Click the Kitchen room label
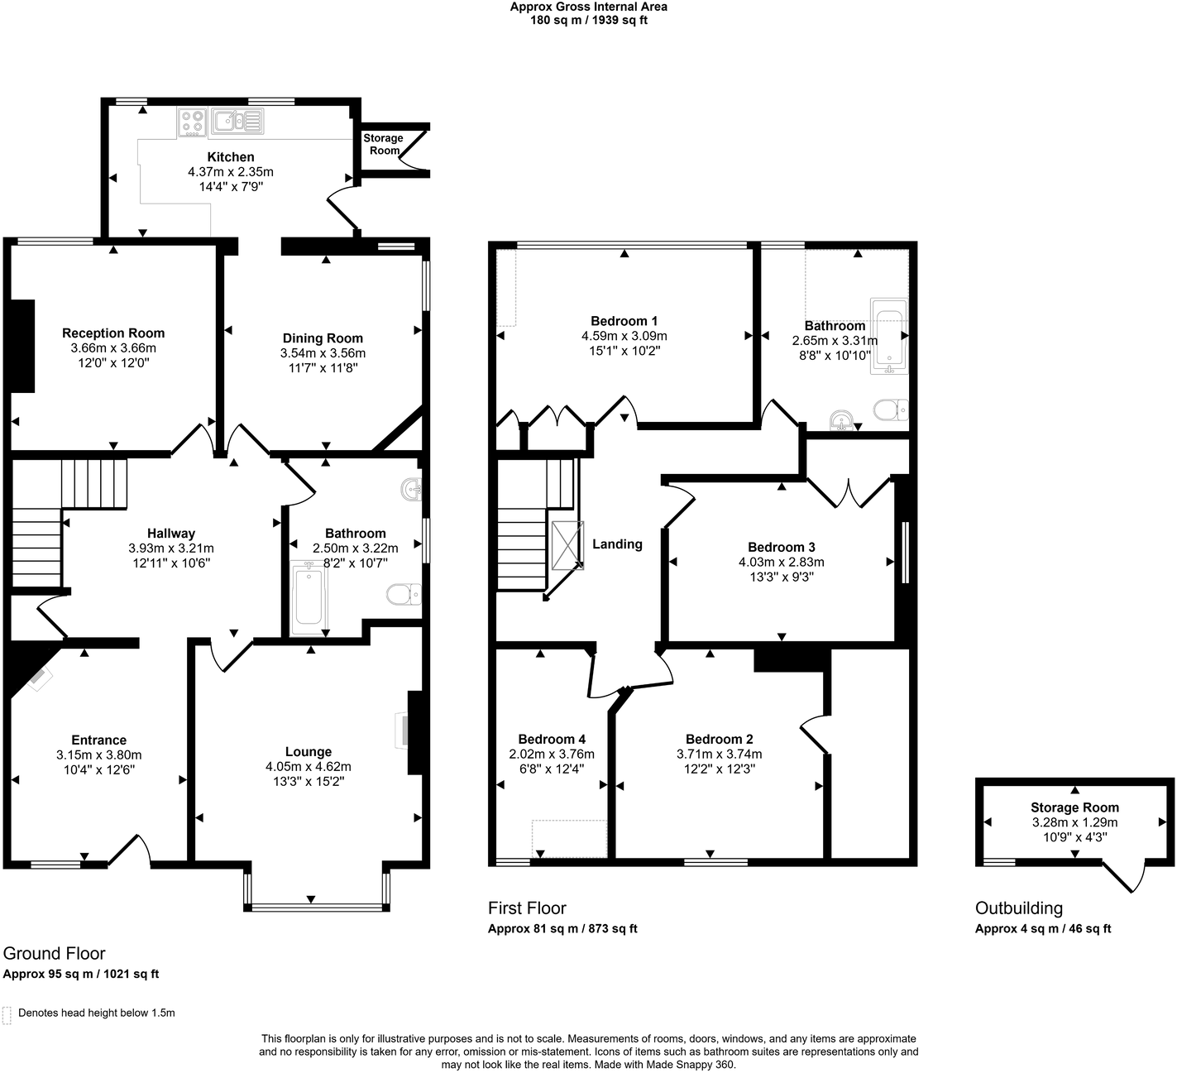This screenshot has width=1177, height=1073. [x=230, y=157]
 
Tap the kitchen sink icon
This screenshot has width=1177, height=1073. [x=237, y=122]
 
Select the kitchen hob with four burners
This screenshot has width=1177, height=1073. [x=193, y=123]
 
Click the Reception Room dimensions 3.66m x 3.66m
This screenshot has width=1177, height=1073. [x=113, y=348]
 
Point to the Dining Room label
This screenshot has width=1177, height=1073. [x=323, y=338]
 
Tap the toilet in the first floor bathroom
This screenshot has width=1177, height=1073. [x=892, y=410]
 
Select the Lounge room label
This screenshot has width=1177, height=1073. [x=308, y=752]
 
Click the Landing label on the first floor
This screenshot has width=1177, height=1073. [x=617, y=544]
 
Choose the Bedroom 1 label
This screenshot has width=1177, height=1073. [x=624, y=321]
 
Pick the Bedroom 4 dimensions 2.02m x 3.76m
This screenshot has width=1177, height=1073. [x=552, y=754]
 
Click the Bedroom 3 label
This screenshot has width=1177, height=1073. [x=781, y=547]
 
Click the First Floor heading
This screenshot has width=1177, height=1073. [x=527, y=908]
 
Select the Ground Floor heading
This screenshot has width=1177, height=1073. [x=55, y=954]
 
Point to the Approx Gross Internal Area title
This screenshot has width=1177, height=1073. [x=588, y=7]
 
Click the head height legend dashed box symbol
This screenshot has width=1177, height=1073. [x=7, y=1014]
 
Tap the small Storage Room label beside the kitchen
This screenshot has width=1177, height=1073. [x=383, y=145]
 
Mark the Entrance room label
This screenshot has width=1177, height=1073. [x=98, y=740]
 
